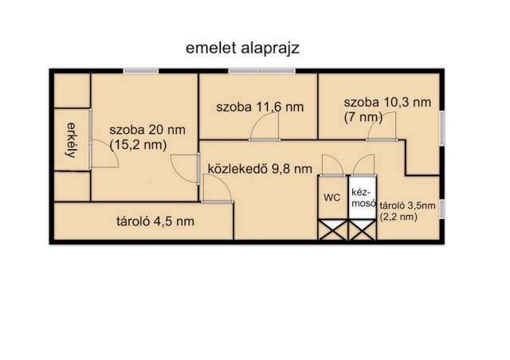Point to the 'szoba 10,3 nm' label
tap(387, 102)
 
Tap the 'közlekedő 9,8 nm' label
tap(255, 168)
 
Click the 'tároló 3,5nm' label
tap(407, 205)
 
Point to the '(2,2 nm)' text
tap(398, 216)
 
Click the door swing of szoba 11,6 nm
tap(268, 127)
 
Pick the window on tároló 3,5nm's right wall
tap(444, 208)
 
